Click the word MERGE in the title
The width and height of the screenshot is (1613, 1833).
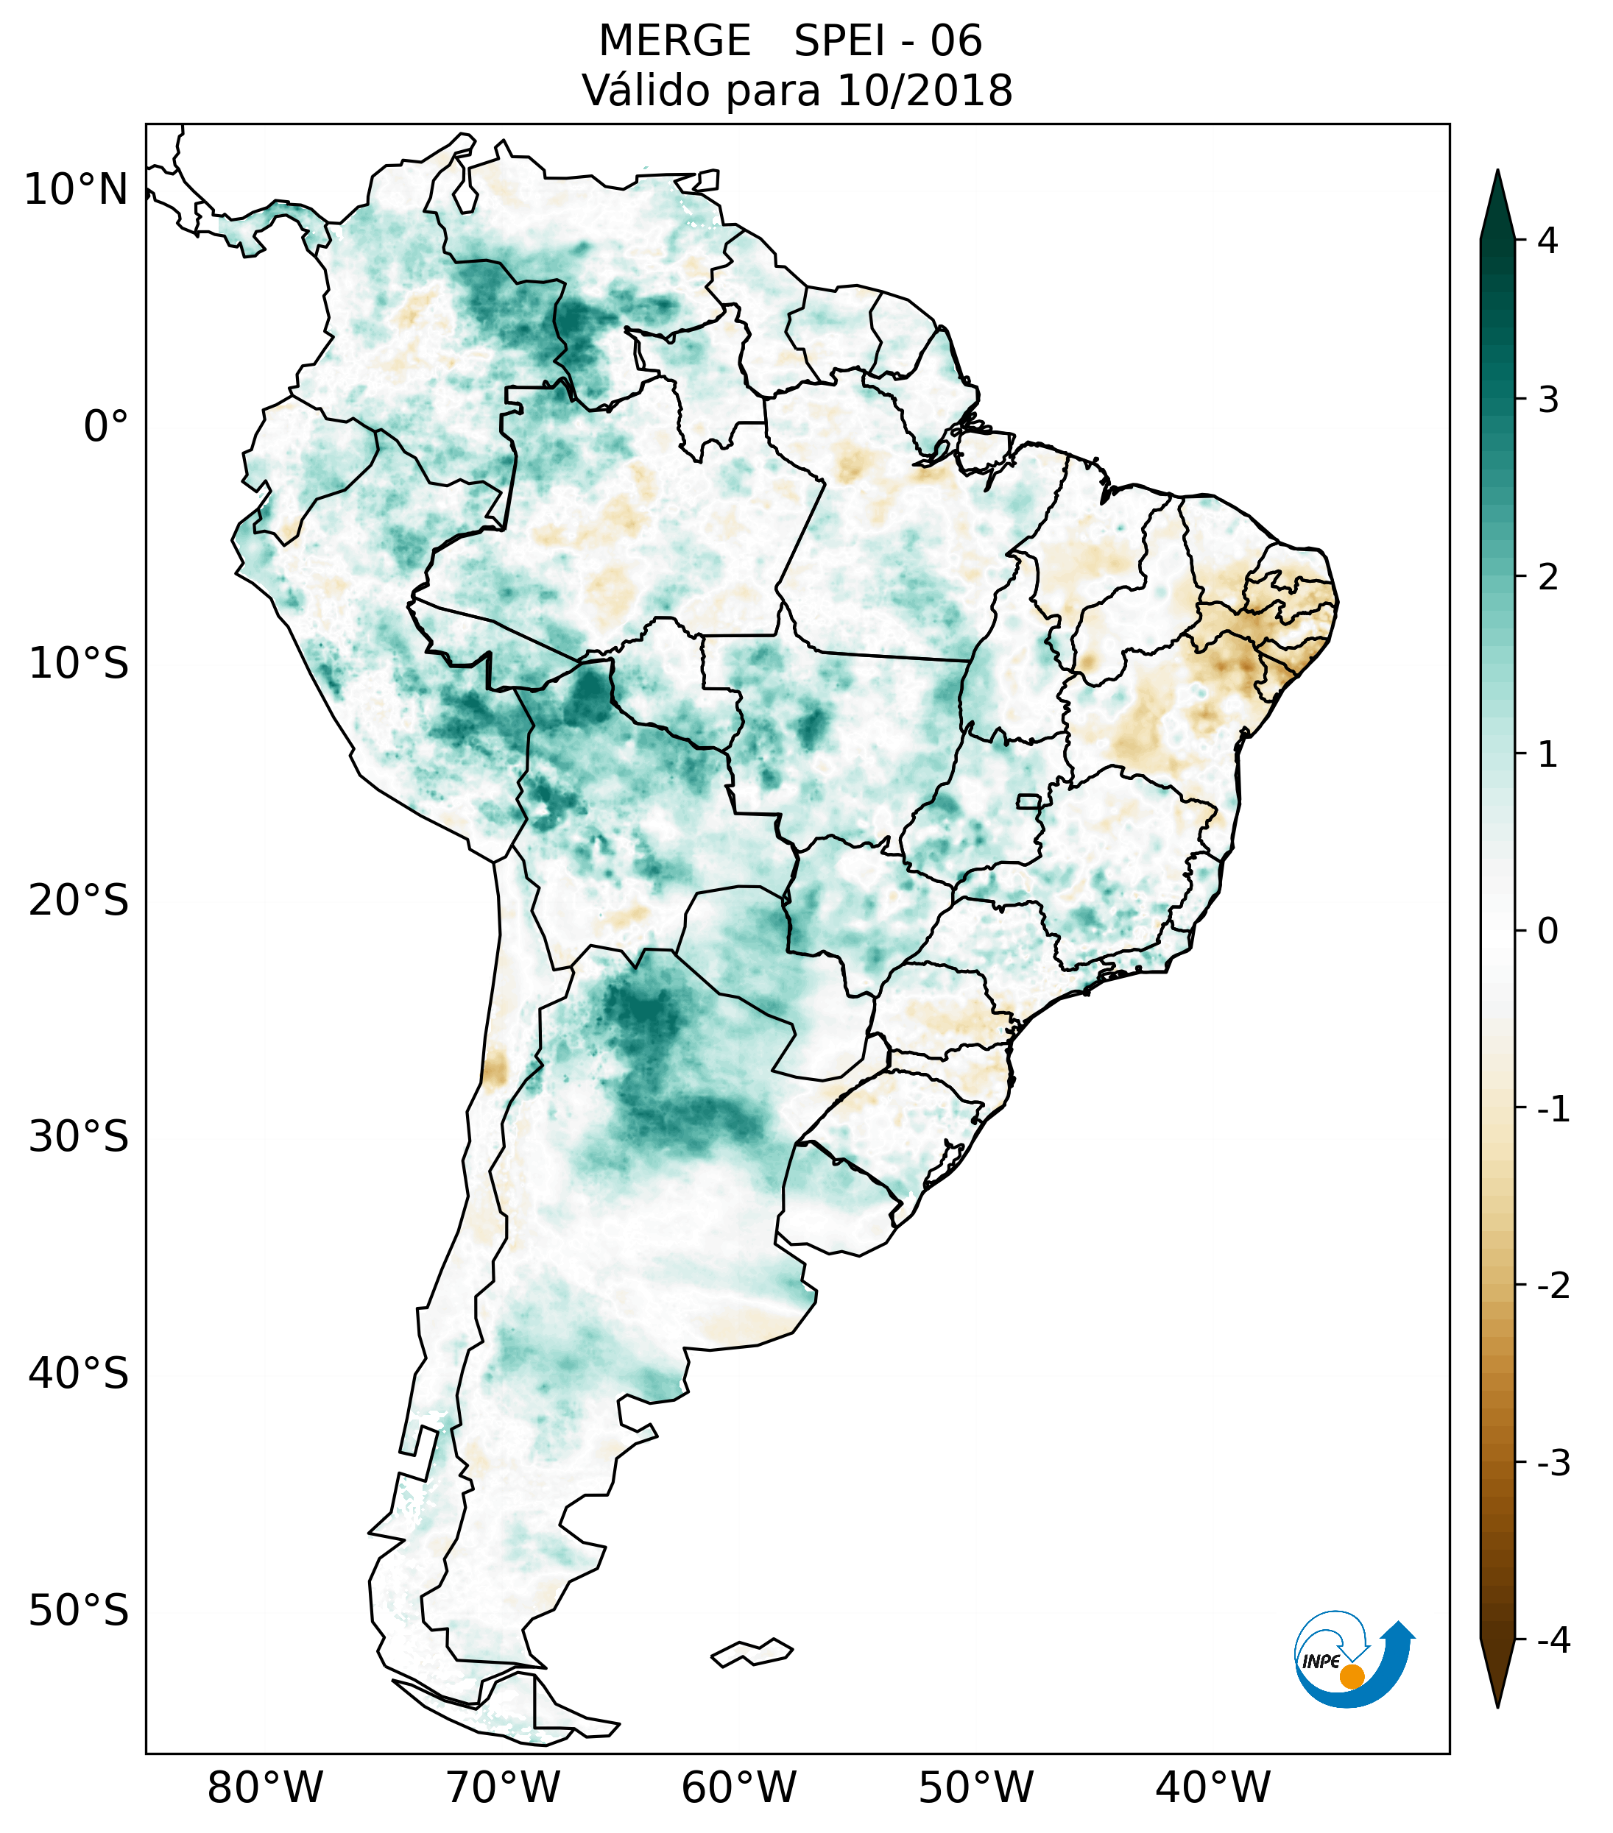click(674, 41)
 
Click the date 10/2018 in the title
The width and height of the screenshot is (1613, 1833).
click(924, 91)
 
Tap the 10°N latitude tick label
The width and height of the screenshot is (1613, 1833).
click(77, 190)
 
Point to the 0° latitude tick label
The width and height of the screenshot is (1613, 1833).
click(106, 427)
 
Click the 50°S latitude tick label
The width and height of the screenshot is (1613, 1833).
click(79, 1612)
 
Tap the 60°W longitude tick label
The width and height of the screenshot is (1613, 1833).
click(738, 1787)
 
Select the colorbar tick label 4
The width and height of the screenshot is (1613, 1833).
click(1547, 241)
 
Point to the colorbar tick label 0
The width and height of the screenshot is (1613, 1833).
click(1547, 932)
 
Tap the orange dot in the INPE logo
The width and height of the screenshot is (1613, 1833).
click(1351, 1676)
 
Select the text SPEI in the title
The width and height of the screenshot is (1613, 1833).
click(838, 41)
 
